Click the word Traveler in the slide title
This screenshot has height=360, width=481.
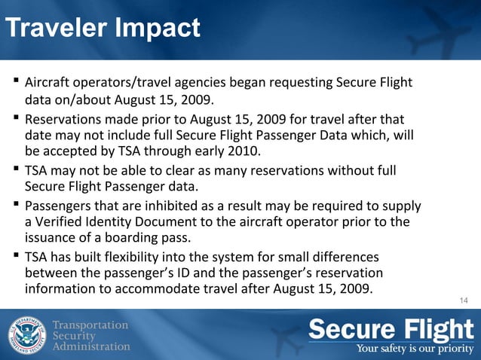click(x=57, y=29)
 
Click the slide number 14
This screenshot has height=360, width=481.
click(x=464, y=302)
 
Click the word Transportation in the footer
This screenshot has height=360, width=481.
click(x=91, y=324)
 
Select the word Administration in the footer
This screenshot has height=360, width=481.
click(x=91, y=346)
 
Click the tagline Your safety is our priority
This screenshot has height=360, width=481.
click(x=415, y=348)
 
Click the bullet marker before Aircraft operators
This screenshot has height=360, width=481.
click(x=15, y=81)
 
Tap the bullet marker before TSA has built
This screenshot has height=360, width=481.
click(x=15, y=256)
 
